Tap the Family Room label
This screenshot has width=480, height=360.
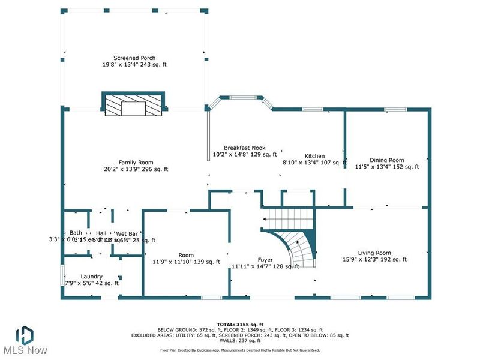pyautogui.click(x=136, y=163)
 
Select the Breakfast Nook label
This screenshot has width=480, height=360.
pyautogui.click(x=244, y=148)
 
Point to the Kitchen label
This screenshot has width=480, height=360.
pyautogui.click(x=315, y=155)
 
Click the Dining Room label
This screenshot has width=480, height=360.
pyautogui.click(x=387, y=160)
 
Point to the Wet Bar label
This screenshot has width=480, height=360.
pyautogui.click(x=127, y=233)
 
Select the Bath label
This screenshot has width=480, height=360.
pyautogui.click(x=76, y=233)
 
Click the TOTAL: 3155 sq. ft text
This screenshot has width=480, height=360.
pyautogui.click(x=239, y=324)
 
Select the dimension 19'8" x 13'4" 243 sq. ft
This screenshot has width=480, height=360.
pyautogui.click(x=135, y=65)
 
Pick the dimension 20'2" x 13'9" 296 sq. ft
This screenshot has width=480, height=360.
pyautogui.click(x=135, y=169)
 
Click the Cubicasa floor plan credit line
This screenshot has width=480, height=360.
pyautogui.click(x=239, y=350)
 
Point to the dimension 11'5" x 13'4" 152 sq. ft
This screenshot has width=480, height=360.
pyautogui.click(x=387, y=167)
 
